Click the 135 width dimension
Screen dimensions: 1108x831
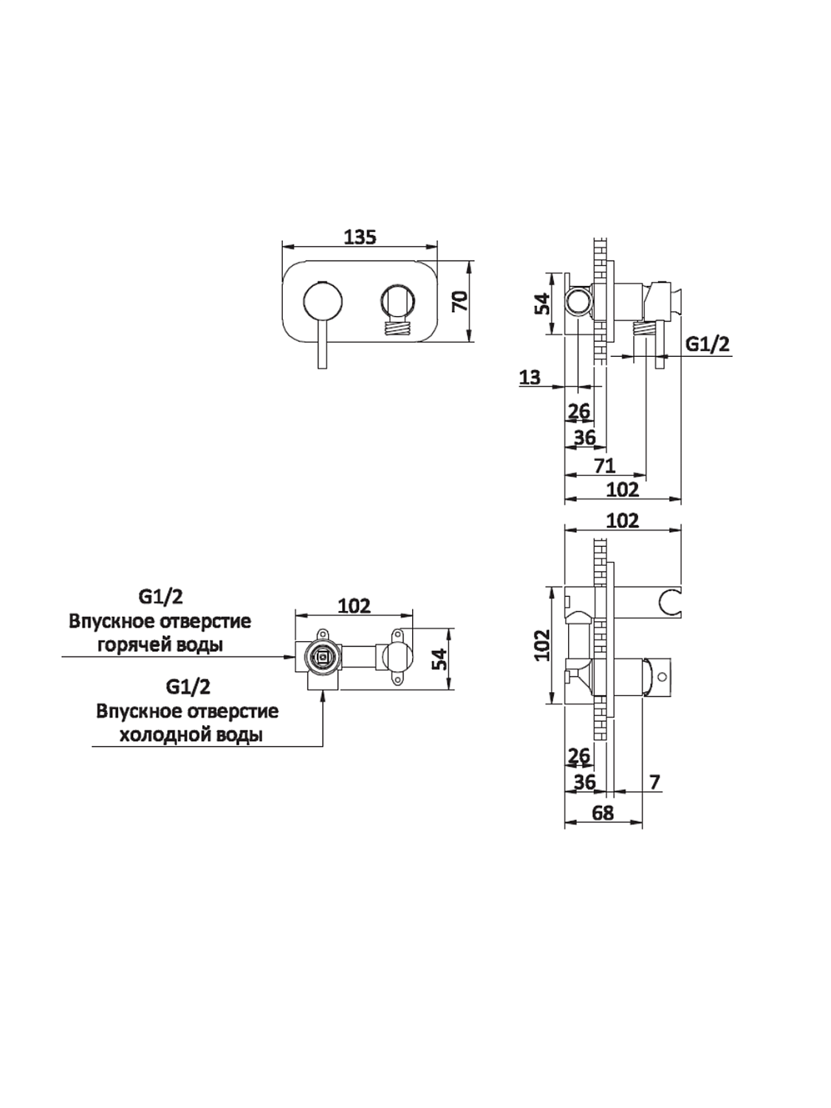tap(360, 237)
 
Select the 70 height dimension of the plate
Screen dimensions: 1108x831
tap(459, 301)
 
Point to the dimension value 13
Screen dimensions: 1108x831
tap(530, 377)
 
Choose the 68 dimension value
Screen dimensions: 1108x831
tap(603, 813)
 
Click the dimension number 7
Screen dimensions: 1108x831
tap(654, 781)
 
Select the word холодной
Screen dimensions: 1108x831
tap(163, 736)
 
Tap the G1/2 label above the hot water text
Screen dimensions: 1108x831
tap(160, 595)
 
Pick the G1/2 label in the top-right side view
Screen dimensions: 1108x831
tap(707, 343)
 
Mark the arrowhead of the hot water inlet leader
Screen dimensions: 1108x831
tap(290, 655)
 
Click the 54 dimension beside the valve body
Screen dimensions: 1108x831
tap(439, 659)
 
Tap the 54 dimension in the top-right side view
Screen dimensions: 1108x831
tap(543, 304)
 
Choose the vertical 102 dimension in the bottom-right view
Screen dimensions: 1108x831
tap(543, 644)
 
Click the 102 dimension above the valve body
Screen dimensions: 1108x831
tap(354, 606)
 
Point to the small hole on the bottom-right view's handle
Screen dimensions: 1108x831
tap(663, 676)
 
